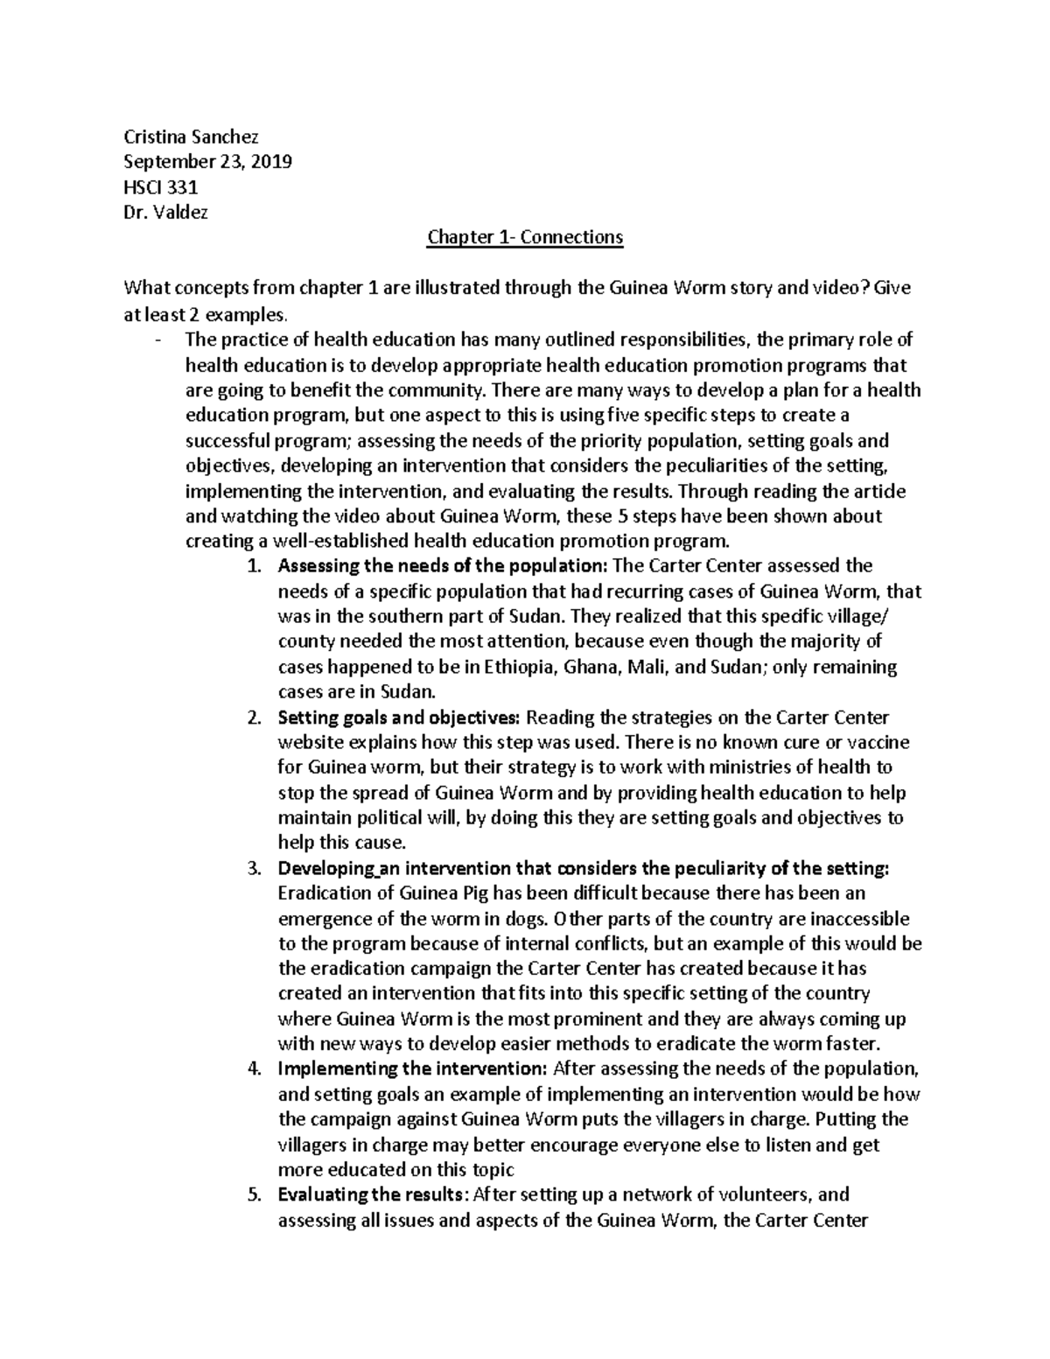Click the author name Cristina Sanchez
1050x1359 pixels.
click(191, 137)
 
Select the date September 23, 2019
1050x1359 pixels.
click(207, 162)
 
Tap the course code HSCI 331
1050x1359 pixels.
click(161, 187)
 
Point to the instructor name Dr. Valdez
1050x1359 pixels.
click(166, 213)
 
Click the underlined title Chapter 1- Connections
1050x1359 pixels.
click(524, 237)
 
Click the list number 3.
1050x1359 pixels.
click(254, 869)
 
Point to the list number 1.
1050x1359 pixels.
click(254, 566)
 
